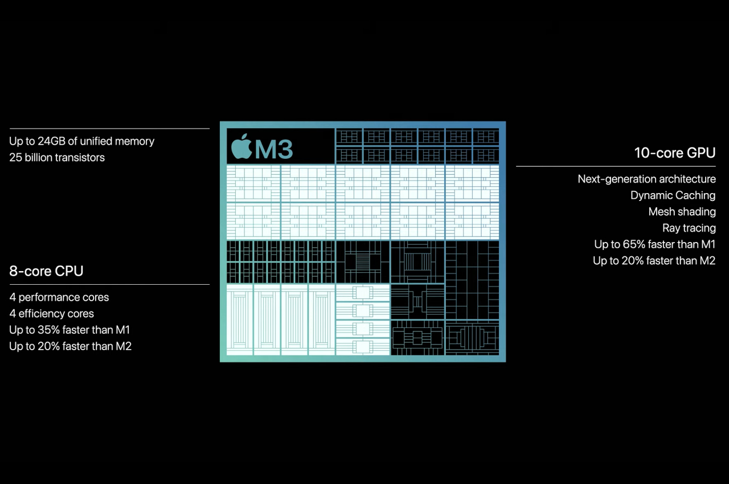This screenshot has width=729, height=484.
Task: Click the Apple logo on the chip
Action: [x=241, y=147]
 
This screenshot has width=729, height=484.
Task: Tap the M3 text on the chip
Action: [x=274, y=149]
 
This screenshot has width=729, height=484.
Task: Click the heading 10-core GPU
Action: [x=674, y=153]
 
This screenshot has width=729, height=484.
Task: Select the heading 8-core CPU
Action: [x=46, y=271]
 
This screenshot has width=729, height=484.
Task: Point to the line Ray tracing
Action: [x=689, y=228]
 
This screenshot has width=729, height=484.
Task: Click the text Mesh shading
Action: [x=682, y=212]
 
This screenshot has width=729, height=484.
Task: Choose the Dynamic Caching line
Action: [x=673, y=195]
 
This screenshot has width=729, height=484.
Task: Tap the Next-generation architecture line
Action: [x=646, y=179]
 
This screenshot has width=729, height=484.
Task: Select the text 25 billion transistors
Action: [x=57, y=158]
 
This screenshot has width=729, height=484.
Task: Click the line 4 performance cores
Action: [x=59, y=297]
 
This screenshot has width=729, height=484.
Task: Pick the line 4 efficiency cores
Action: [x=52, y=314]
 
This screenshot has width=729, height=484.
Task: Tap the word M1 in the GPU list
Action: [x=707, y=245]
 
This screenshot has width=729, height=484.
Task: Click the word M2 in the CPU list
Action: [x=124, y=346]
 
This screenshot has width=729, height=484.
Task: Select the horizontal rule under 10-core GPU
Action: [x=615, y=166]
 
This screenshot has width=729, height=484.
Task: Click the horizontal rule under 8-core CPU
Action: [x=109, y=284]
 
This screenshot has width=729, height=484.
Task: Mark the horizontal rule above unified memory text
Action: [x=109, y=129]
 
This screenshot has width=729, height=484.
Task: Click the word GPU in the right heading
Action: [x=701, y=153]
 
